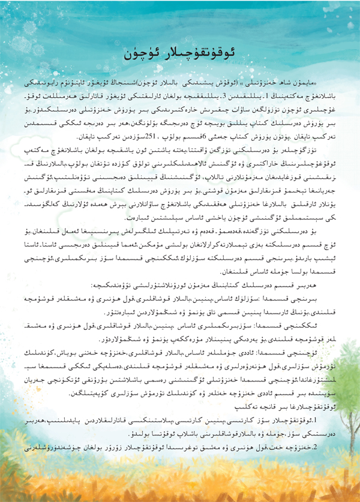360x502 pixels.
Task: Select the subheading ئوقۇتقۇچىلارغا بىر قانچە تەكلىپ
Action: point(298,408)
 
